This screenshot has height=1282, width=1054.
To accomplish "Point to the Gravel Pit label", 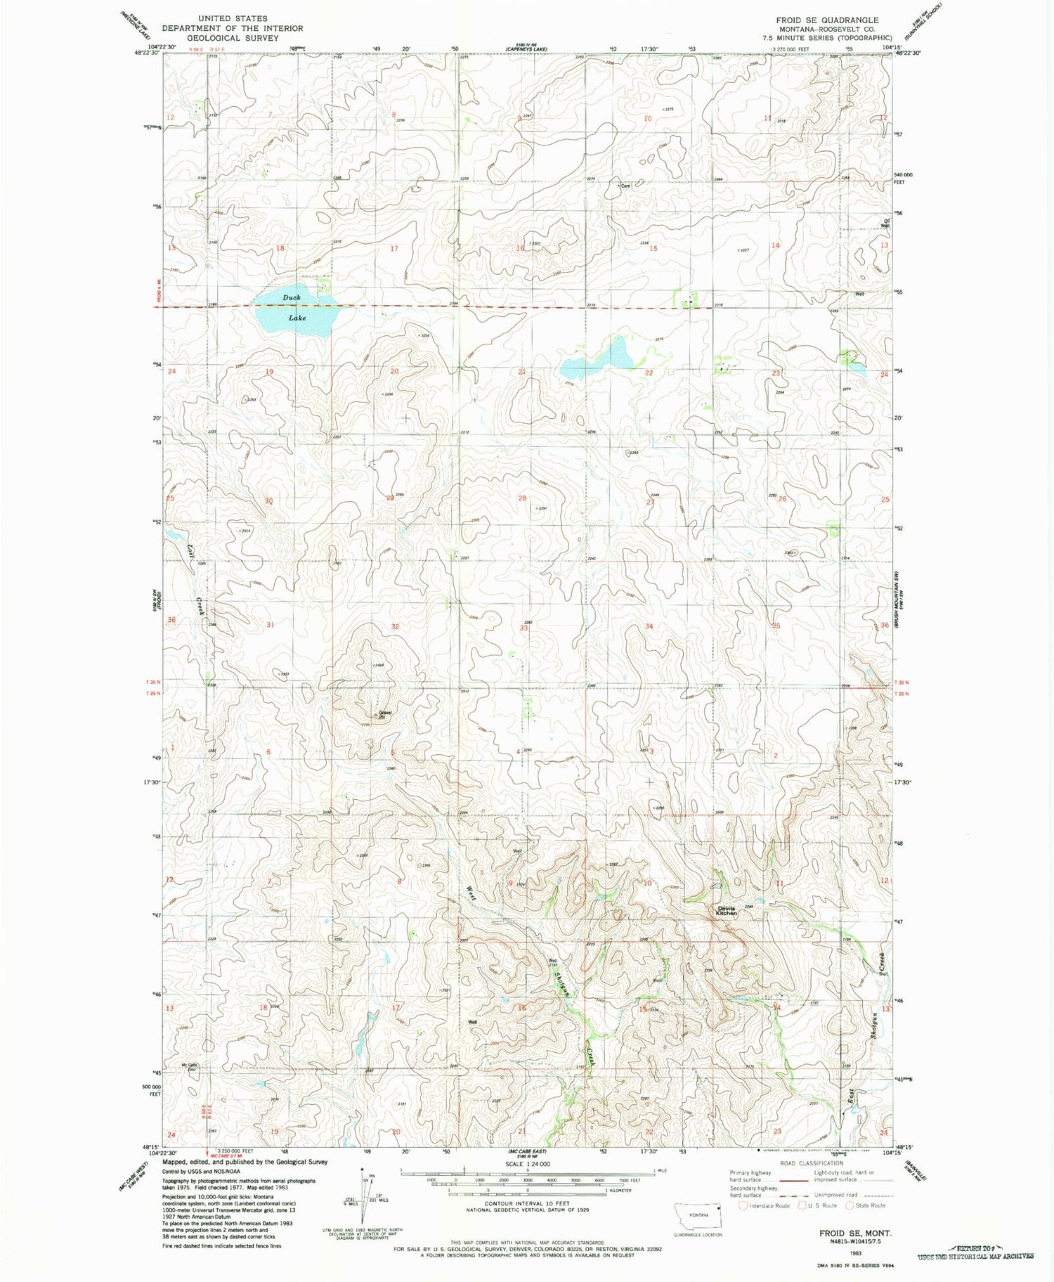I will click(384, 715).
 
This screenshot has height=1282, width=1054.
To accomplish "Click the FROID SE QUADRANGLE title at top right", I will click(826, 20).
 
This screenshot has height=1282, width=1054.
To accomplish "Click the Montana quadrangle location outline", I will click(698, 1215).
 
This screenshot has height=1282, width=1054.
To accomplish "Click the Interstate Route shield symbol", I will click(743, 1205).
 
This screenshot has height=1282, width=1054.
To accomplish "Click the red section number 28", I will click(522, 498).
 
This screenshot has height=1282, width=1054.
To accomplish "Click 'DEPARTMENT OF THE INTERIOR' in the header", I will click(233, 29).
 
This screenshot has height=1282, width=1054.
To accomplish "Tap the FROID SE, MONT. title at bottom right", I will click(846, 1234).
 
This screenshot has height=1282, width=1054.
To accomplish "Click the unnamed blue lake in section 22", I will click(597, 361).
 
